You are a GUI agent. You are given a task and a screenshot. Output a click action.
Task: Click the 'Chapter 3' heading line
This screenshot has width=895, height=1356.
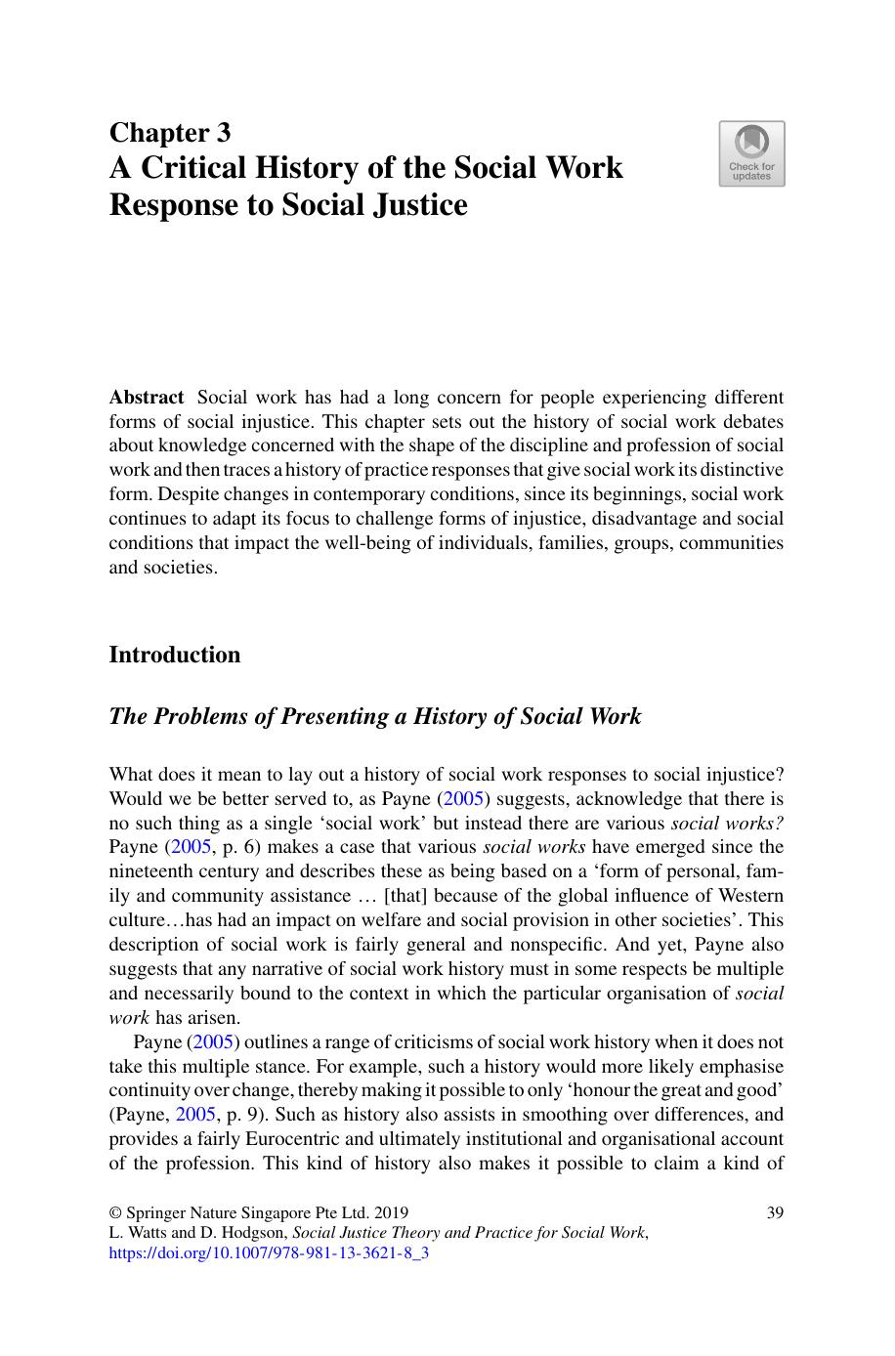point(170,132)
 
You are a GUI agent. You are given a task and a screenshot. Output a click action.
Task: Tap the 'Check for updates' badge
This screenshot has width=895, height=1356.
point(751,153)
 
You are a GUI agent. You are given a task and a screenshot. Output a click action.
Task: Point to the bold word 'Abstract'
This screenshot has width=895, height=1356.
point(146,398)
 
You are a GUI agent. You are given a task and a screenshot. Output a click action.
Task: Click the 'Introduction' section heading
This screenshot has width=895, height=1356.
point(174,655)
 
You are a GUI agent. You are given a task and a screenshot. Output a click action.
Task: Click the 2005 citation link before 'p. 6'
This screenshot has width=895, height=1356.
point(193,847)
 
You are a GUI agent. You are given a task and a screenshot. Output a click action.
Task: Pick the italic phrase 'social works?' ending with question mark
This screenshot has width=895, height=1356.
point(727,823)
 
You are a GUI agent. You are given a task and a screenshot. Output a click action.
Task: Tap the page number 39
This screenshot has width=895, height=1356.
point(775,1212)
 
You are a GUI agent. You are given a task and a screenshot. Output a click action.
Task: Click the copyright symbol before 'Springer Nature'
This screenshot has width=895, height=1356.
point(115,1212)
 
